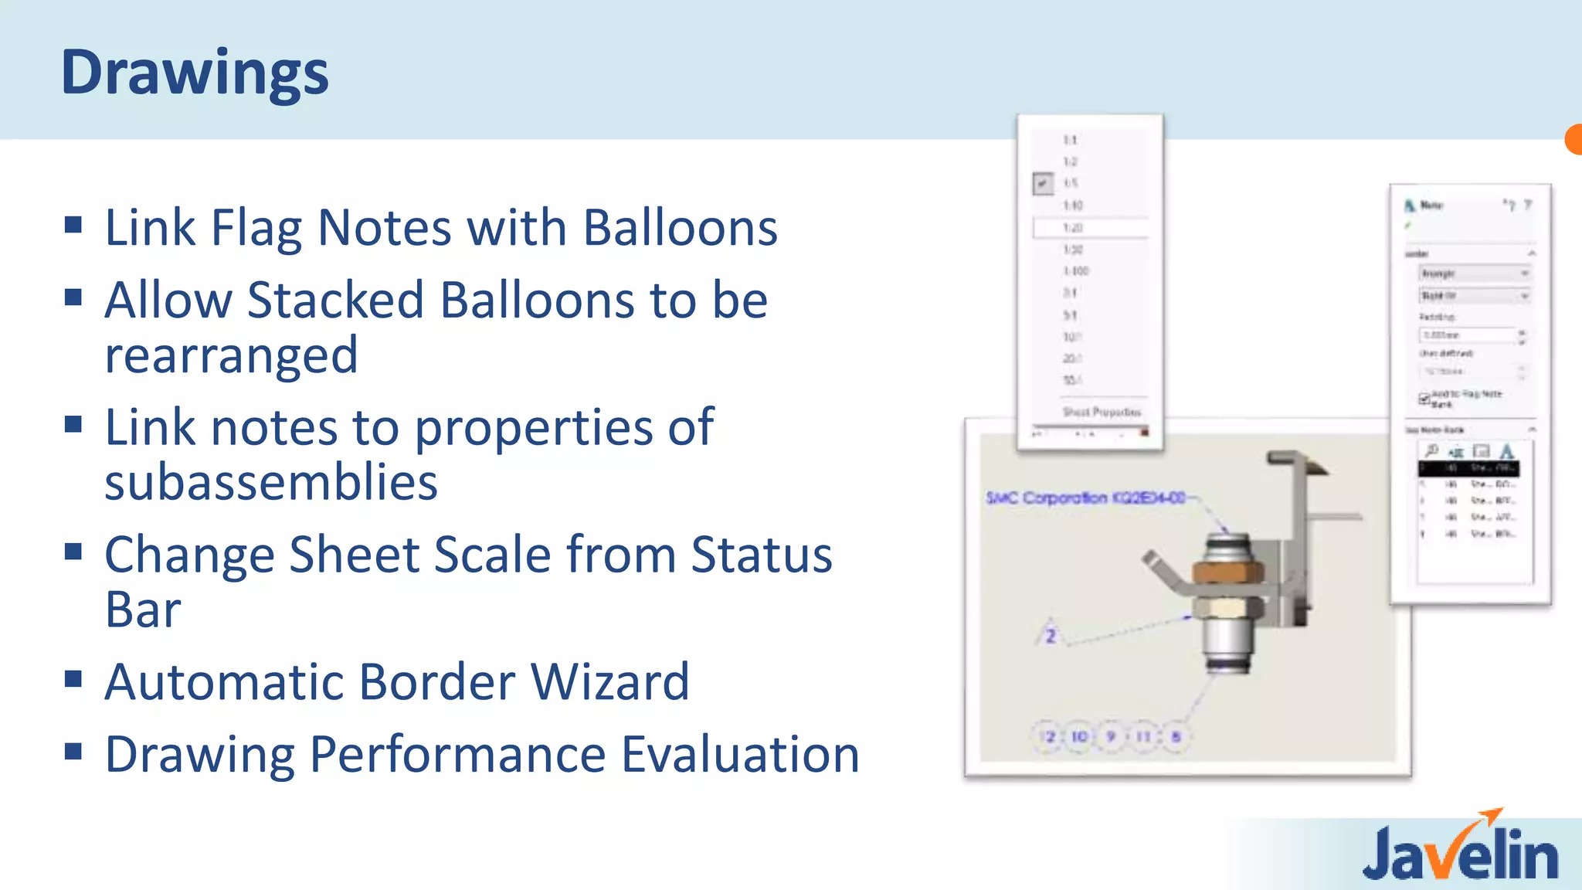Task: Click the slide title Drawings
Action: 195,73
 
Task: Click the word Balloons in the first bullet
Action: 680,228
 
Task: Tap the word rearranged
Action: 231,355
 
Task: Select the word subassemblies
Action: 271,482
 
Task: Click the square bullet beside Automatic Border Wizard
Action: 73,679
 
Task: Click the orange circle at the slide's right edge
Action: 1574,140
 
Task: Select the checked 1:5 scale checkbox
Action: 1043,184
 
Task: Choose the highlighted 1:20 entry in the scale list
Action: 1089,228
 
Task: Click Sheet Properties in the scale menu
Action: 1102,412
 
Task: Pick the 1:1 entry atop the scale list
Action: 1070,140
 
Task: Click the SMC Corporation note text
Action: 1085,498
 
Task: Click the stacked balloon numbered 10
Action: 1079,736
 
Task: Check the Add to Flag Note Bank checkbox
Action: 1424,399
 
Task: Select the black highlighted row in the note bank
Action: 1468,468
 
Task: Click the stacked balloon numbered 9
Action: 1112,736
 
